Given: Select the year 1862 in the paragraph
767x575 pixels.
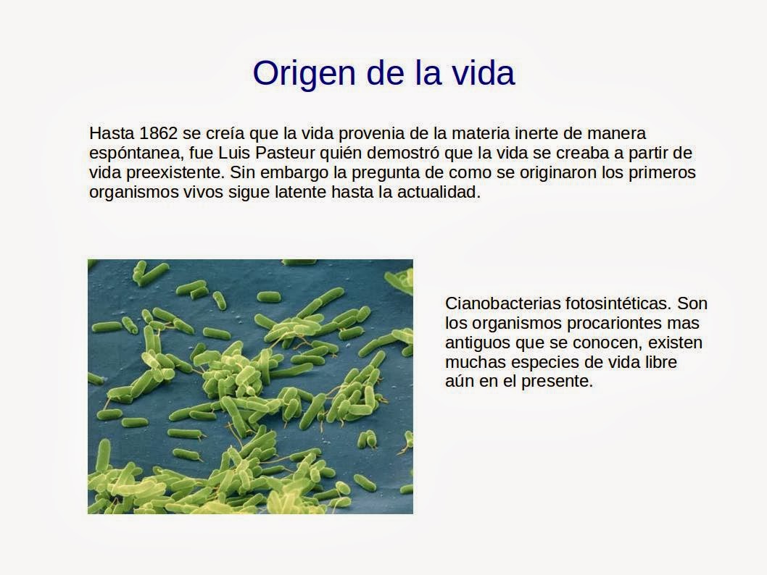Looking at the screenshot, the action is (x=159, y=133).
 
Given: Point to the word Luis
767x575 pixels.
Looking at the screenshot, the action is (x=234, y=152).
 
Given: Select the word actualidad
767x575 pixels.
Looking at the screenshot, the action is (x=439, y=191).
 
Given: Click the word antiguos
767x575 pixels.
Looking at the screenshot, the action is (x=478, y=343).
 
